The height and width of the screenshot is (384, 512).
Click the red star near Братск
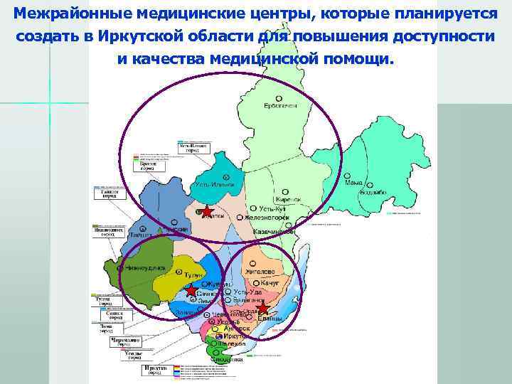pyautogui.click(x=206, y=211)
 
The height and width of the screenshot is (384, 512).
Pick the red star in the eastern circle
pyautogui.click(x=262, y=308)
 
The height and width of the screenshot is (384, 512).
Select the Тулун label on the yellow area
pyautogui.click(x=193, y=274)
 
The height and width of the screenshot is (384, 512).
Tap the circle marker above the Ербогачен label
pyautogui.click(x=279, y=98)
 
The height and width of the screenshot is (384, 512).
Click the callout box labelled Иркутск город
pyautogui.click(x=152, y=370)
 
